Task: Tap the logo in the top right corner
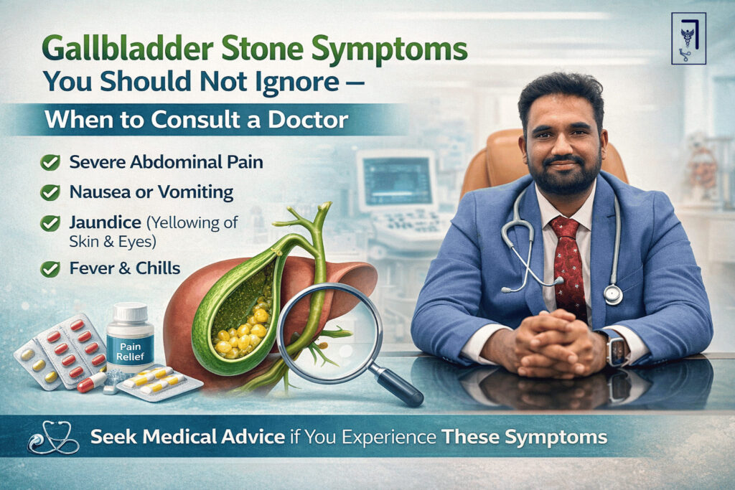[688, 38]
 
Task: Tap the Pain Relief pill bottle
[130, 337]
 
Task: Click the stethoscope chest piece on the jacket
[612, 294]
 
